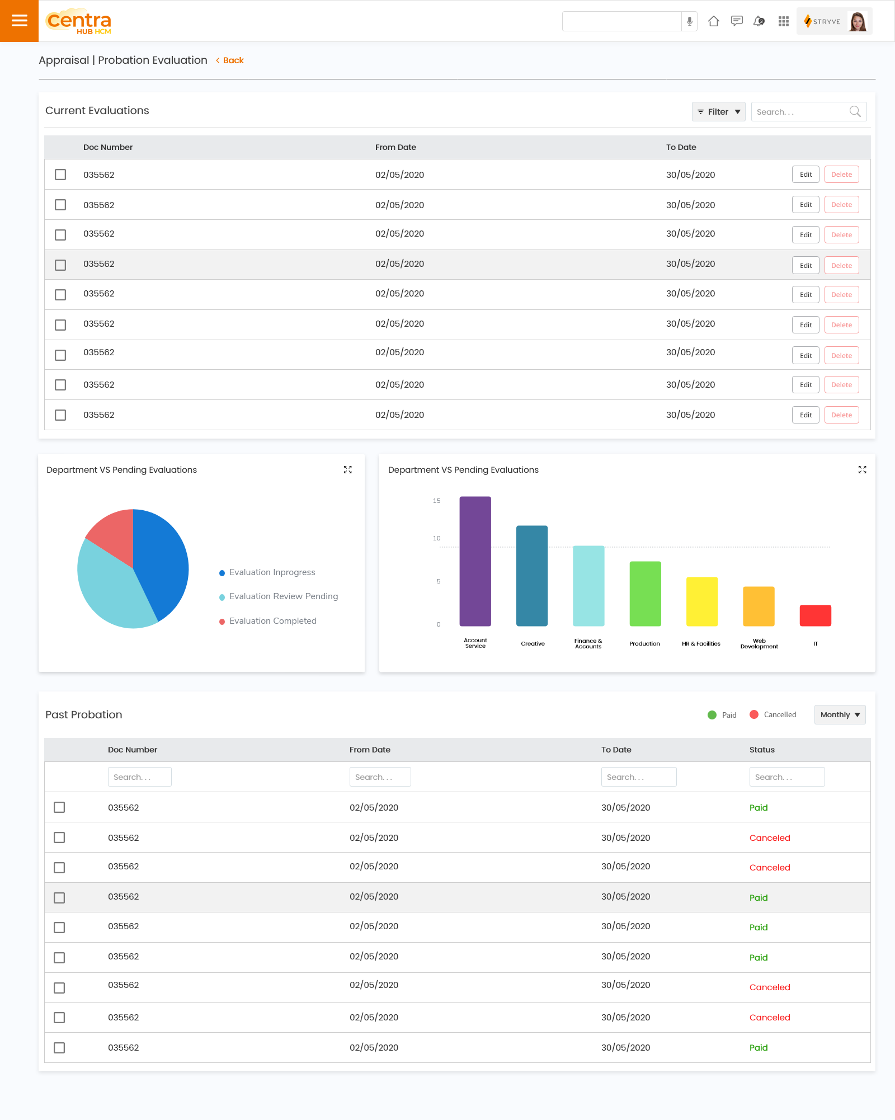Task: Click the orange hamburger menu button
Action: [x=19, y=21]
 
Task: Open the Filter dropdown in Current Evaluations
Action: [x=718, y=112]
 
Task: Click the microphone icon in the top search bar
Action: [x=690, y=21]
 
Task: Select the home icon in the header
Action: [x=713, y=21]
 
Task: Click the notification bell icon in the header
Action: [x=759, y=21]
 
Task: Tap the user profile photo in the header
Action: [x=858, y=21]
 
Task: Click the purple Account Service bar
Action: [x=475, y=561]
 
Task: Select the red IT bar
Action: [x=815, y=615]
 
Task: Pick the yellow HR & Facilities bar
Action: [x=701, y=601]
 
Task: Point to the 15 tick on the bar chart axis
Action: [x=437, y=501]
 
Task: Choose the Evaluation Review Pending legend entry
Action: [x=283, y=596]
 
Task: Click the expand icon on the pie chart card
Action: [x=348, y=470]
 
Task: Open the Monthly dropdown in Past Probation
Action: [x=840, y=715]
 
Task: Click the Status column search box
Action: [x=786, y=777]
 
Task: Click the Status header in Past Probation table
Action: [x=762, y=750]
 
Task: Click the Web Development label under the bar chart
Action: [x=759, y=644]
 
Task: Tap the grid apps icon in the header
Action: [x=783, y=21]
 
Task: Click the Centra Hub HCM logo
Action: [x=78, y=21]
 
